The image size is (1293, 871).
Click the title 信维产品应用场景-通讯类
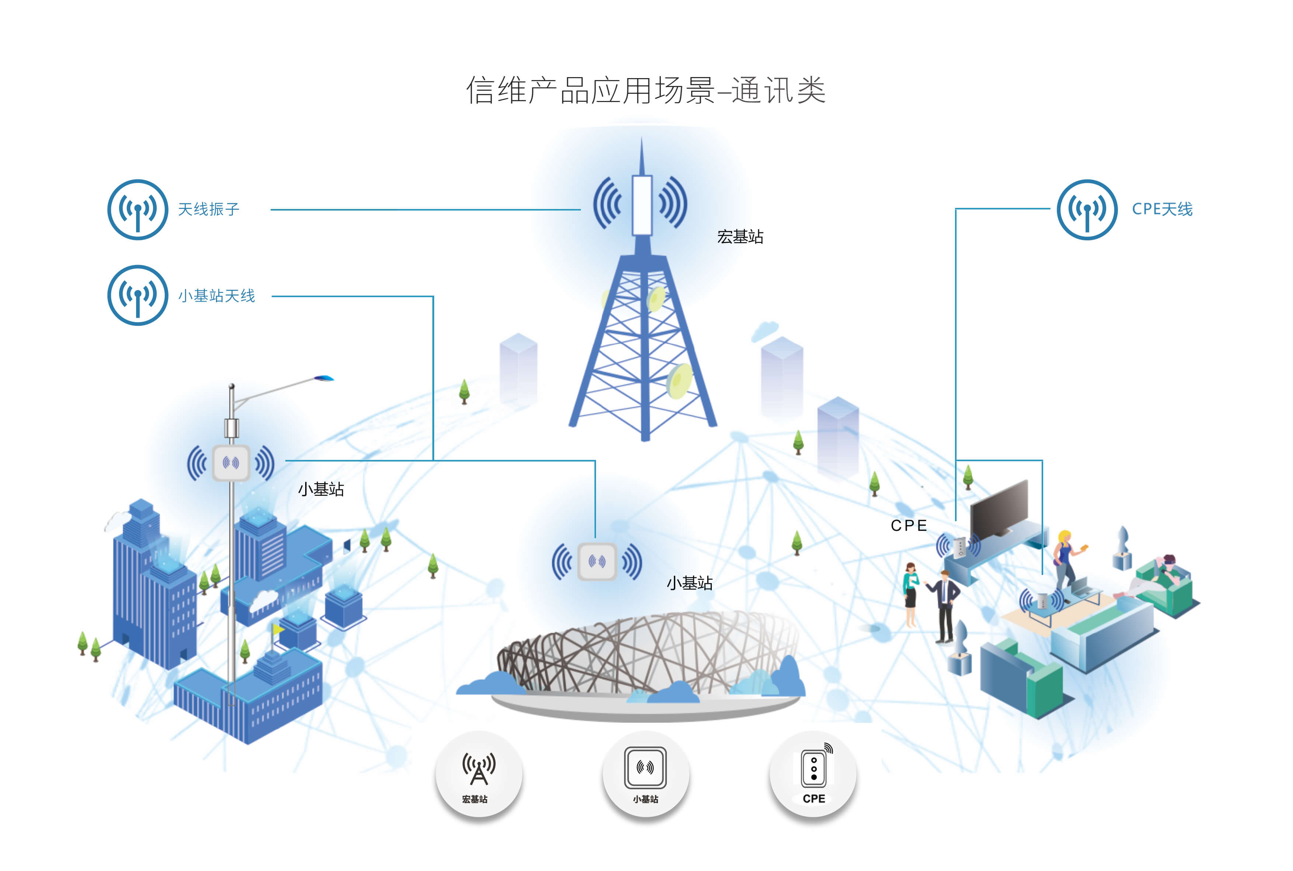pos(645,90)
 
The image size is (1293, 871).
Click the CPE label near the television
pos(909,526)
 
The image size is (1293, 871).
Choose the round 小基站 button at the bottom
pos(645,774)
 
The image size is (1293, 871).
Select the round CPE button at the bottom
pos(813,774)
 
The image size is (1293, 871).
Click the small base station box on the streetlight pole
pos(231,462)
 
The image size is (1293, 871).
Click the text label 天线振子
pos(208,209)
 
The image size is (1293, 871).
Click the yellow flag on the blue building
pos(278,629)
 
